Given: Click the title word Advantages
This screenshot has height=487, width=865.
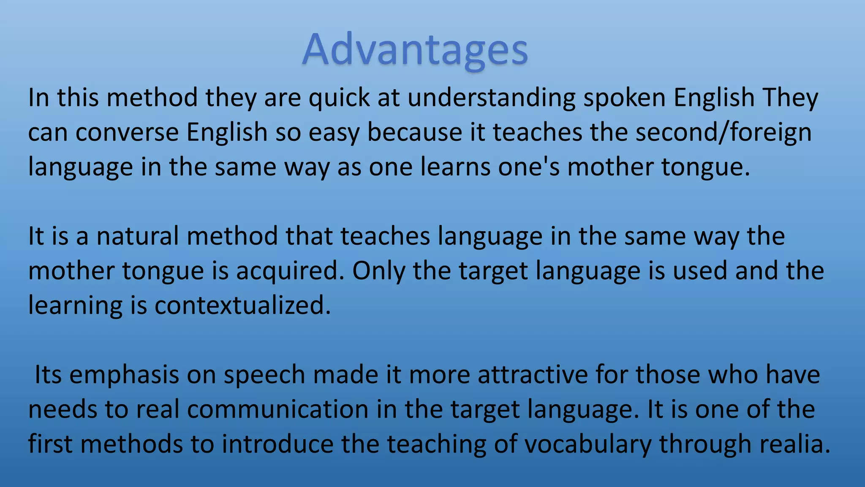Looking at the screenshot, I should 415,50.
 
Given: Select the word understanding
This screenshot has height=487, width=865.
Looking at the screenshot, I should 491,98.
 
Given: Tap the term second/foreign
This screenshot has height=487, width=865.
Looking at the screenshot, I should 723,132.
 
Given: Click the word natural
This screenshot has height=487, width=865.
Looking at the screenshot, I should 138,236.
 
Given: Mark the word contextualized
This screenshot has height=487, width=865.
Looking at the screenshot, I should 242,306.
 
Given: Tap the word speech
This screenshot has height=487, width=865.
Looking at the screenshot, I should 264,375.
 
